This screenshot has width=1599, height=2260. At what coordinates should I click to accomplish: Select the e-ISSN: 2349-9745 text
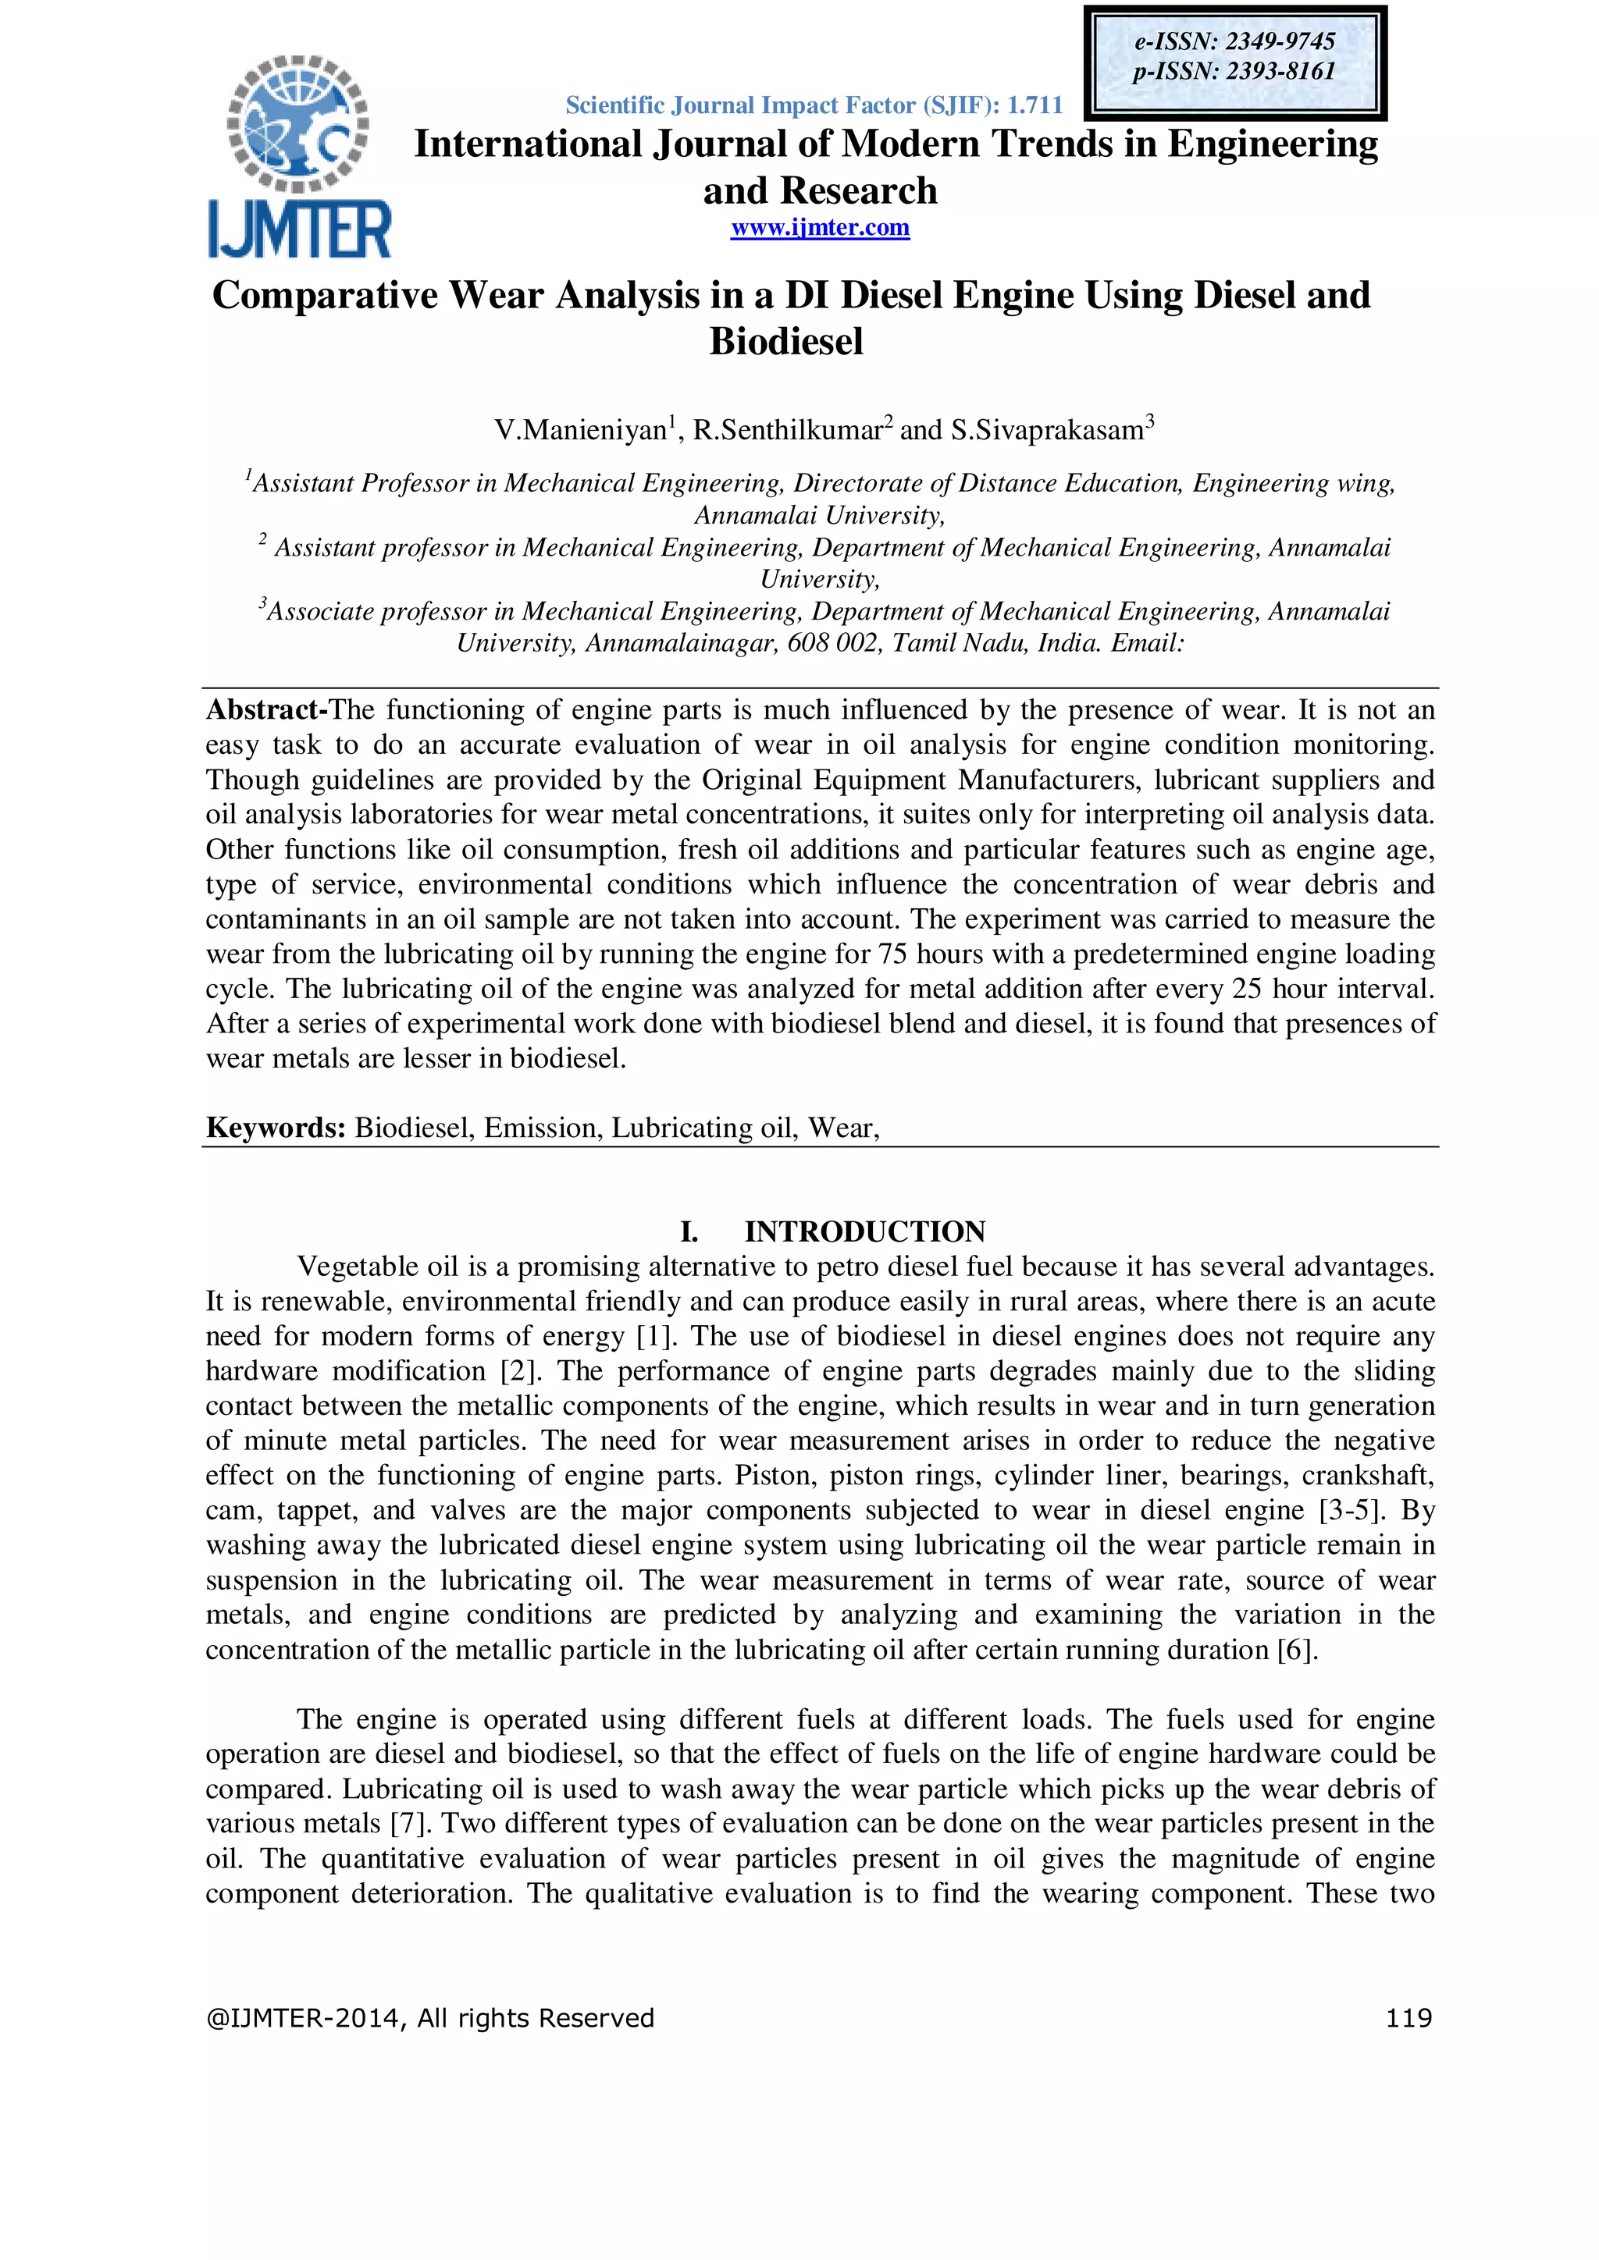click(x=1234, y=41)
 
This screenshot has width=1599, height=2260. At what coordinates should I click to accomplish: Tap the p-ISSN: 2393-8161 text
click(x=1234, y=72)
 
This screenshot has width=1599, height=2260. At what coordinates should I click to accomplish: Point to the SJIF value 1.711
click(x=1034, y=105)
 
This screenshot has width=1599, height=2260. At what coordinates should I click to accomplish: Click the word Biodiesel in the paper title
click(x=785, y=342)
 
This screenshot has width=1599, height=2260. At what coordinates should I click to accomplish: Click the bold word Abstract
click(x=262, y=709)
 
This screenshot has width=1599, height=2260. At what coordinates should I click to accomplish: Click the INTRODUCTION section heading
click(x=864, y=1231)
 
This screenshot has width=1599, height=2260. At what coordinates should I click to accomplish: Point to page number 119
click(x=1408, y=2019)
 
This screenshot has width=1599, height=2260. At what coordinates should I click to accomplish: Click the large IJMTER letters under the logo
click(x=299, y=229)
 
